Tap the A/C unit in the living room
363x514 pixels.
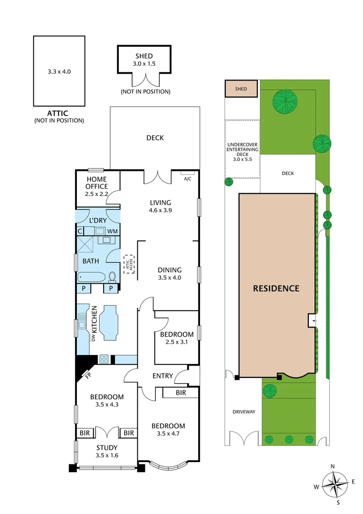coord(187,173)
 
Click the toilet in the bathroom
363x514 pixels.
coord(113,276)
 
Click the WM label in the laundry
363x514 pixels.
coord(113,231)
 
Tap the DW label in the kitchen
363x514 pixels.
coord(93,337)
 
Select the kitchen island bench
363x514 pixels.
coord(110,324)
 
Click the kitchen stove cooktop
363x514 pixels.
coord(104,359)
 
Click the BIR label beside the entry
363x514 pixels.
coord(181,393)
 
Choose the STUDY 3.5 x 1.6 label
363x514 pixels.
coord(107,451)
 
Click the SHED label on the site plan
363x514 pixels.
coord(241,89)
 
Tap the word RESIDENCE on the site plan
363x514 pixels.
coord(276,288)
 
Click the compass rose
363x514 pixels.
coord(335,484)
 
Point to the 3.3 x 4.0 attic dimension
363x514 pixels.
coord(59,71)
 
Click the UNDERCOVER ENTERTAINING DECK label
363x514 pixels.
coord(242,149)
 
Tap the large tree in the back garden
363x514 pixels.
coord(286,100)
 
